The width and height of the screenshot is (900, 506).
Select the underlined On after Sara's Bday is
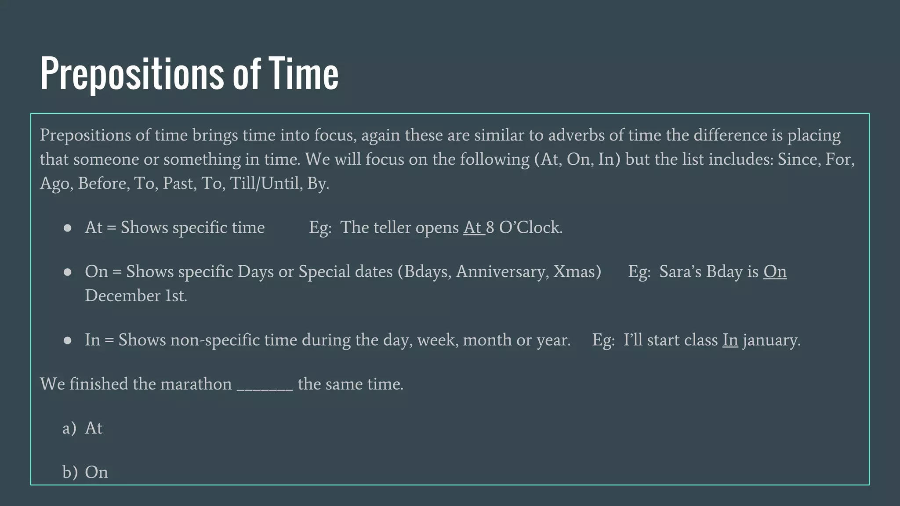tap(775, 271)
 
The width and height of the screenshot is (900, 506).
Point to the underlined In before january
tap(730, 340)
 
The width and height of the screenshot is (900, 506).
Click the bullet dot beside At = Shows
tap(68, 228)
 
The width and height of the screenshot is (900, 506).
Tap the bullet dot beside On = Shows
tap(68, 272)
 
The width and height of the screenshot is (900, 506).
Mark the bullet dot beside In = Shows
tap(68, 340)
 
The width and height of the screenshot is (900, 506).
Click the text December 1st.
tap(136, 296)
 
